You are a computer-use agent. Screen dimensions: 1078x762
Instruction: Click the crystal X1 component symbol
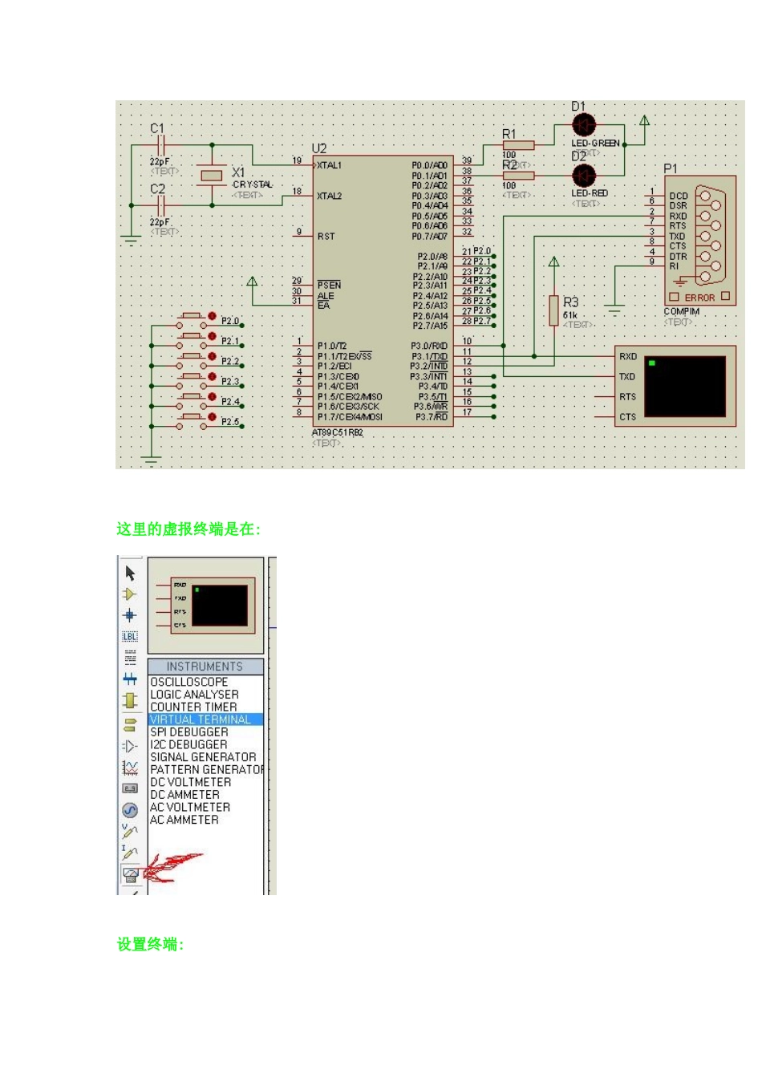212,176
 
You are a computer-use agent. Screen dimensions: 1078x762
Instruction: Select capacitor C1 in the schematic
160,145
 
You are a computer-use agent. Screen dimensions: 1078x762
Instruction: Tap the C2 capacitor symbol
160,205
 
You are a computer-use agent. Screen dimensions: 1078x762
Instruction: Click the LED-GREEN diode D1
584,125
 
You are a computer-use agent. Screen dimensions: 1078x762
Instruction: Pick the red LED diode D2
584,175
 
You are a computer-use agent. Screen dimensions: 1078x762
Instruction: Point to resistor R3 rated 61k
553,310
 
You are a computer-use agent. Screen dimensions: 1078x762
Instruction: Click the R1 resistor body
518,145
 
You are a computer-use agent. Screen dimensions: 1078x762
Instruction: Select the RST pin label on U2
326,237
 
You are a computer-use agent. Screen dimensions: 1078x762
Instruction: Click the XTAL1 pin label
330,165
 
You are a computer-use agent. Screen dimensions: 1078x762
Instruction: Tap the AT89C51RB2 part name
338,433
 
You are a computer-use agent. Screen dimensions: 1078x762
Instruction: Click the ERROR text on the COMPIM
699,298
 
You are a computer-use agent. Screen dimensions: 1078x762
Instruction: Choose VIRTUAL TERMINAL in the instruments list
201,719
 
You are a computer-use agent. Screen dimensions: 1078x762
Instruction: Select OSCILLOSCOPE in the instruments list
189,682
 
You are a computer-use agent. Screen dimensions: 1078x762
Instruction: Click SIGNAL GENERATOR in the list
203,757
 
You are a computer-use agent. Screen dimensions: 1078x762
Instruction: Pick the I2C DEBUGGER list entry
188,744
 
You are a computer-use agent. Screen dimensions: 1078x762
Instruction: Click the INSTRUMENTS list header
205,667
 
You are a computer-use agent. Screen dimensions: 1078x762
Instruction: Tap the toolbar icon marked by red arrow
131,874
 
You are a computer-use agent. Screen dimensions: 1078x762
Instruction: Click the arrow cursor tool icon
131,573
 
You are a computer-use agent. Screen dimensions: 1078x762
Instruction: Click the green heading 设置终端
150,944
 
